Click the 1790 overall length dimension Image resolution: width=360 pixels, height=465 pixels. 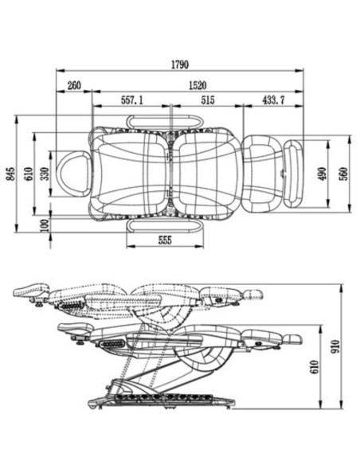click(180, 64)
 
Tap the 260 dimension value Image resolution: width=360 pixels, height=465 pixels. click(74, 85)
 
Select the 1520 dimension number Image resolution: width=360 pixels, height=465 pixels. click(198, 85)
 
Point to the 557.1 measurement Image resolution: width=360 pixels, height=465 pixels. click(131, 100)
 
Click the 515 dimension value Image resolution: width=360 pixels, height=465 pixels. click(208, 100)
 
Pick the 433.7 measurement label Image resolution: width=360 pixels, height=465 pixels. click(273, 100)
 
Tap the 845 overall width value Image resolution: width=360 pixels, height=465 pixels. click(10, 174)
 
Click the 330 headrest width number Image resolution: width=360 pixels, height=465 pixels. click(45, 174)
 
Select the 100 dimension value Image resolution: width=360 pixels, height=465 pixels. click(45, 225)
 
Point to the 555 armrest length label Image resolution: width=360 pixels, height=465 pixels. click(165, 240)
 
